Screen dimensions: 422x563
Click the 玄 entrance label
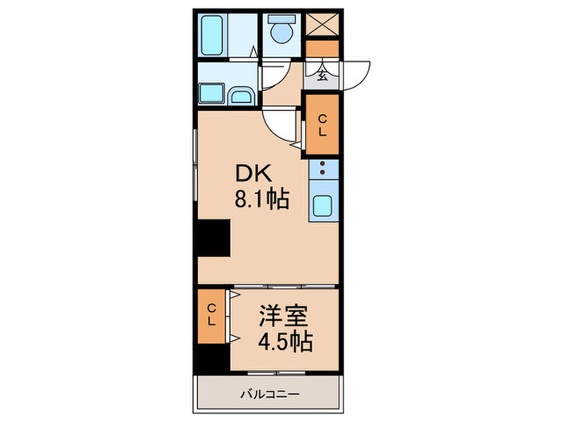(322, 77)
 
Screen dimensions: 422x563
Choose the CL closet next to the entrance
(322, 124)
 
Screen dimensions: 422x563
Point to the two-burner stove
(323, 170)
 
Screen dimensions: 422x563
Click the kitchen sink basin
(323, 205)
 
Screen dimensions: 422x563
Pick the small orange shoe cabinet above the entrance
(323, 47)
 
